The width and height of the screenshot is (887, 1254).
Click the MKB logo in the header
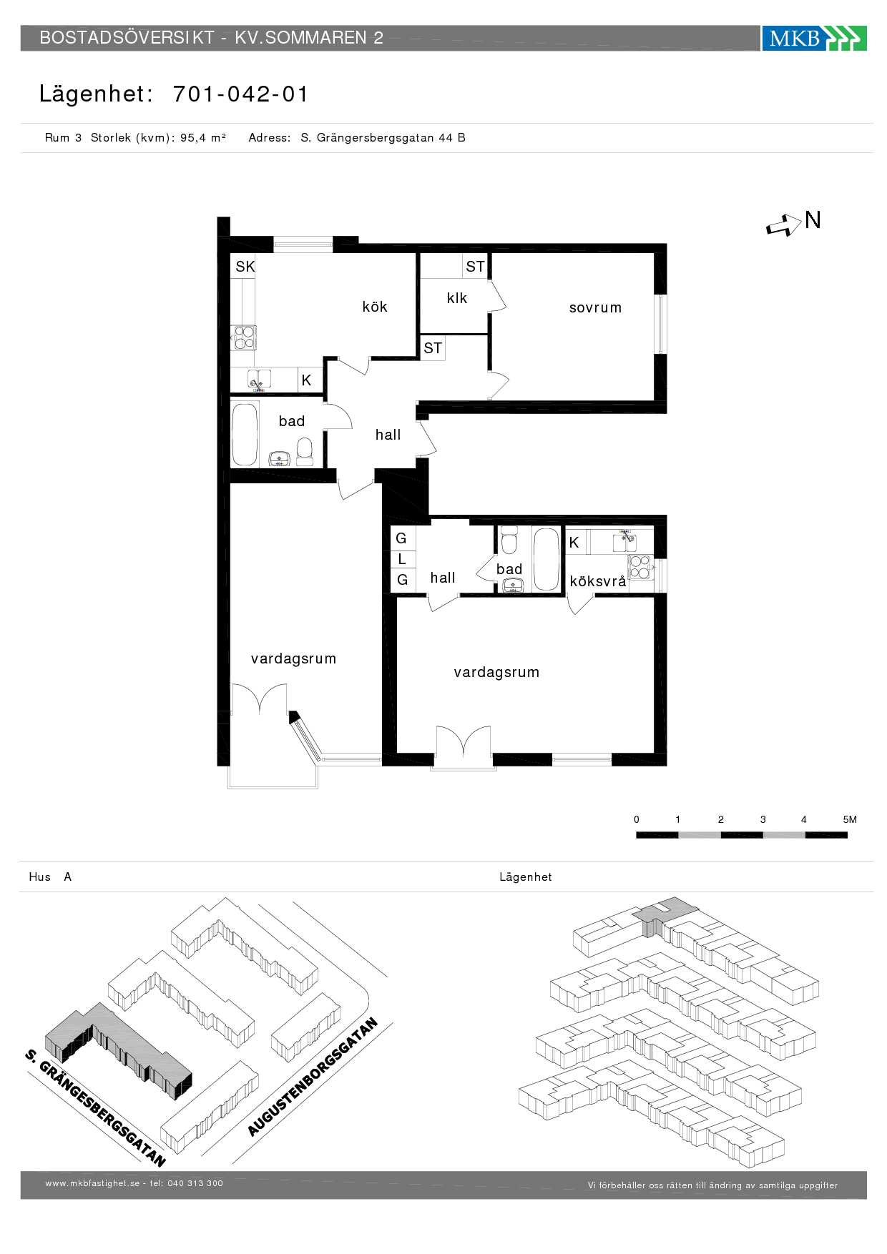pos(814,38)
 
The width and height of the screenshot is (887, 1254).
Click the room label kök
pos(375,307)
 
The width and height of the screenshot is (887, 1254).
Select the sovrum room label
pos(595,307)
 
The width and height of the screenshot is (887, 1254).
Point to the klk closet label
pos(457,298)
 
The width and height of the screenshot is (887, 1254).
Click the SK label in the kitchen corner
pos(245,267)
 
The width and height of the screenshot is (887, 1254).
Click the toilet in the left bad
pos(305,452)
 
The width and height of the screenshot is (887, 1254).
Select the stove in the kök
pos(244,337)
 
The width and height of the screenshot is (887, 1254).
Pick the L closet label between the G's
pos(402,559)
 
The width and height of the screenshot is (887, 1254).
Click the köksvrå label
pos(598,581)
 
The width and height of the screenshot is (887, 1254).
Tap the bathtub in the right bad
pos(546,559)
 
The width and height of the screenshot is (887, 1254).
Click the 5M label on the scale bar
pos(850,819)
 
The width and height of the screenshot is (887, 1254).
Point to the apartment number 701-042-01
pos(240,94)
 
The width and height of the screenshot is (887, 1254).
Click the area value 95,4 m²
pos(203,137)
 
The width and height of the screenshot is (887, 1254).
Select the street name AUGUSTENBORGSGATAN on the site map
pos(313,1077)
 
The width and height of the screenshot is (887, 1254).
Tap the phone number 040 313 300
pos(195,1183)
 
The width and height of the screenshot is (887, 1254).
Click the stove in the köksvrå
pos(640,567)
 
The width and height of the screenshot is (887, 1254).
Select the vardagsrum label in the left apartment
pos(293,658)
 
